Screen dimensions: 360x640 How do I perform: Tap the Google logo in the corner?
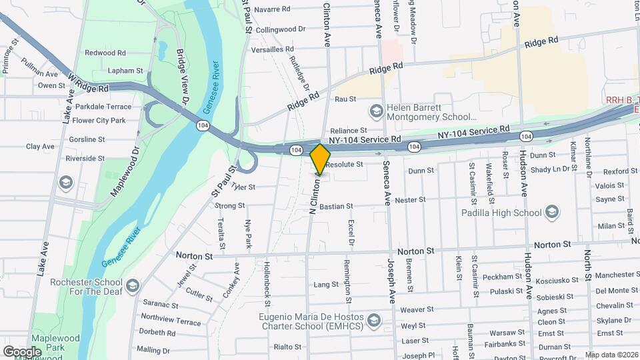point(22,351)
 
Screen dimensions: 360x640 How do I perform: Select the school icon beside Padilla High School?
point(551,213)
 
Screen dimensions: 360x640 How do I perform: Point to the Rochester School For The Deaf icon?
point(133,286)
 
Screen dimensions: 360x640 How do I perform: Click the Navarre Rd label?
point(272,9)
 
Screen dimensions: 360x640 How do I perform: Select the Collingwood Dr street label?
point(280,29)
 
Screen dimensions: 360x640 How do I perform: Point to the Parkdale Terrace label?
point(103,107)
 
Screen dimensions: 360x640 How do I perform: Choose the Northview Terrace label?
point(171,322)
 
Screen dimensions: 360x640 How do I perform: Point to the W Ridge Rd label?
point(88,83)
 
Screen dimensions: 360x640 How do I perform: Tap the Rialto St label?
point(288,347)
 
